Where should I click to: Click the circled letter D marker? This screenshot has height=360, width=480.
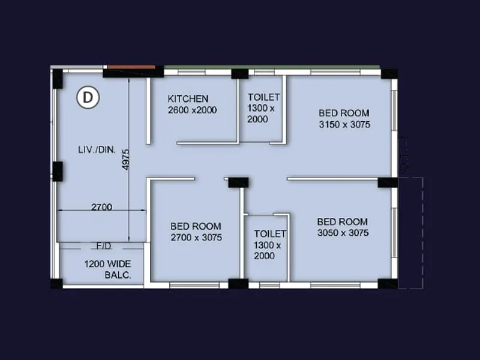[x=88, y=98]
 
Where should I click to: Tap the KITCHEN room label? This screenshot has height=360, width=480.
[x=188, y=98]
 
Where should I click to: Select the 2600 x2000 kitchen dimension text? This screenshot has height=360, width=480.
[x=192, y=110]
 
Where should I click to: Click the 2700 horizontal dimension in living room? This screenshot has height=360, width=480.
[x=101, y=207]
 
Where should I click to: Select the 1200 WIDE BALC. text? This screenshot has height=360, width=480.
[x=107, y=269]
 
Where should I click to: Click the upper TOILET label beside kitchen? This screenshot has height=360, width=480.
[x=263, y=97]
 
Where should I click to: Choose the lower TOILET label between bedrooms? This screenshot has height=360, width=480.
[x=270, y=233]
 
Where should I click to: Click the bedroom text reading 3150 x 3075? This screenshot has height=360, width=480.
[x=344, y=125]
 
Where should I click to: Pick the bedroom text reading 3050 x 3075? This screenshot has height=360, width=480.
[x=343, y=233]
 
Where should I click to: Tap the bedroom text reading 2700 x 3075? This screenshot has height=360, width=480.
[x=196, y=238]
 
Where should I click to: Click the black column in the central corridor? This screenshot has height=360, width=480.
[x=238, y=182]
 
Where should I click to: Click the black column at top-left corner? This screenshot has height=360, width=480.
[x=57, y=79]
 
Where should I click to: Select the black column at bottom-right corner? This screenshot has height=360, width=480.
[x=389, y=283]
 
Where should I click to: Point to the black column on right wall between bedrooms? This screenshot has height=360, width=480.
[x=387, y=182]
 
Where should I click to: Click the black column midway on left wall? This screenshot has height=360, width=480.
[x=58, y=172]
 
